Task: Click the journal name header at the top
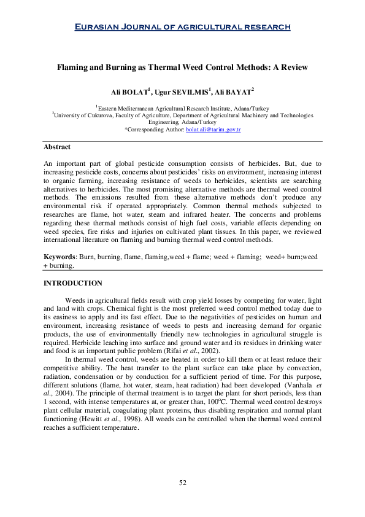(182, 26)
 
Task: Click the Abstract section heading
(57, 147)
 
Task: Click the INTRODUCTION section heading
(72, 283)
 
